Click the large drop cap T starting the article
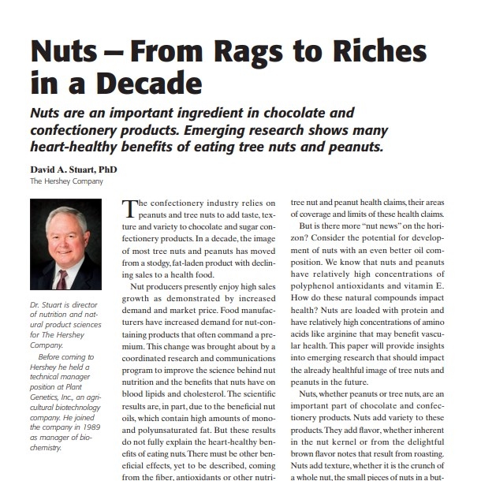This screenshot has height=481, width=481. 130,210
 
